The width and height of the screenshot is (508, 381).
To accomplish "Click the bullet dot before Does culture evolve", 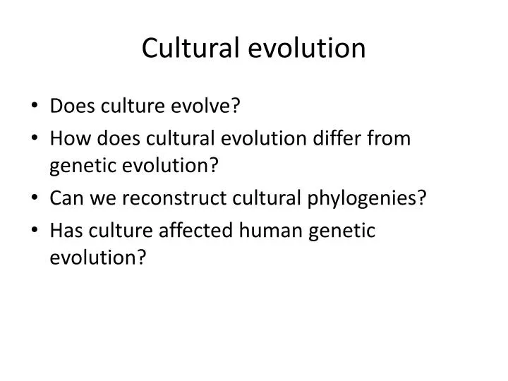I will (35, 107).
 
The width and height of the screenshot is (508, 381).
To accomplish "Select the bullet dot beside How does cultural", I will (35, 138).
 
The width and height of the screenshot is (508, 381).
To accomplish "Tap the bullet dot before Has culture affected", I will (35, 231).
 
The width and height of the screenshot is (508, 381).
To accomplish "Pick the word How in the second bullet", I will (66, 138).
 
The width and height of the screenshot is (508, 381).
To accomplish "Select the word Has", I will (66, 230).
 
